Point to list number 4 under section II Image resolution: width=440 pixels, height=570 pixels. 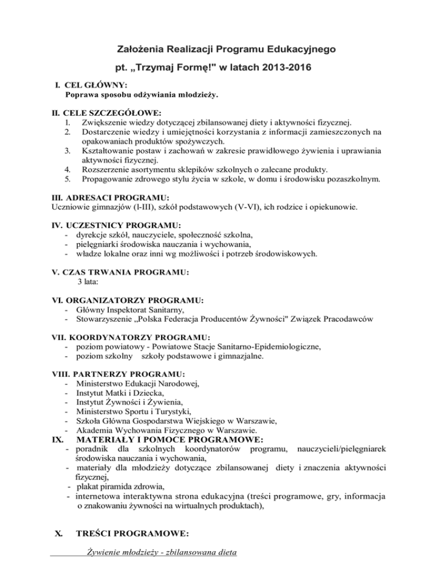coord(68,170)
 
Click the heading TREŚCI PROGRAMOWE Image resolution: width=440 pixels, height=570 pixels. coord(133,533)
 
